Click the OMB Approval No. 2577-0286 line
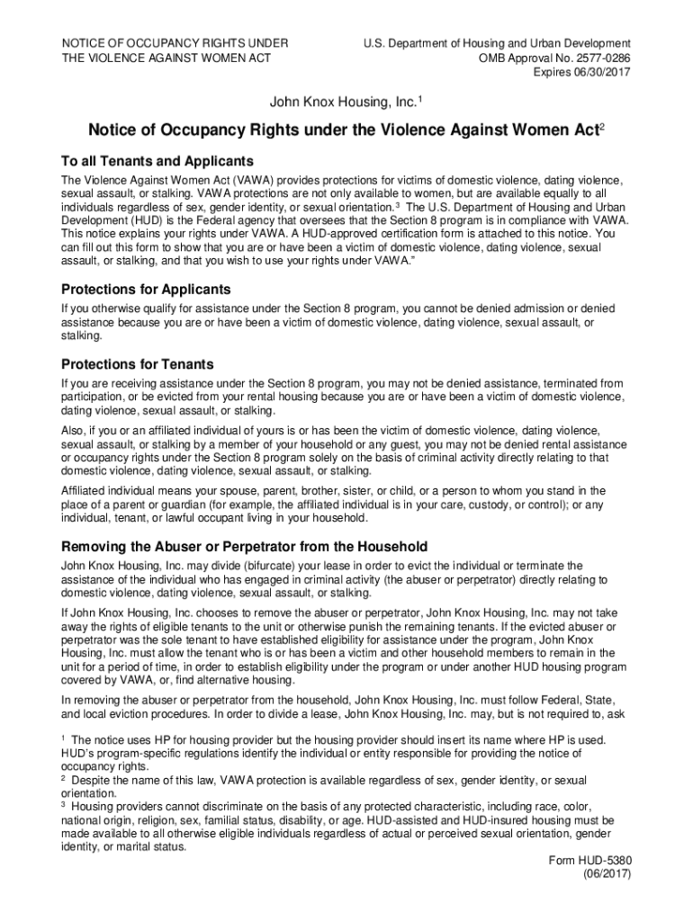point(554,58)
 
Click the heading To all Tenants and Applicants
point(157,161)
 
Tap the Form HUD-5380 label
point(589,860)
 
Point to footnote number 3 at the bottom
point(63,806)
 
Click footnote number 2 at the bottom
point(63,780)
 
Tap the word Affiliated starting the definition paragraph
point(89,490)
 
